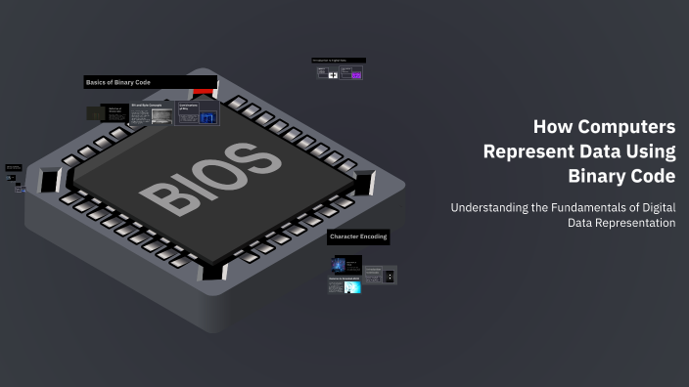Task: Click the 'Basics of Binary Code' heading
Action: point(118,83)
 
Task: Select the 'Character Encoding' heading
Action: point(358,236)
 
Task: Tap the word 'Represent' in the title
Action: point(526,151)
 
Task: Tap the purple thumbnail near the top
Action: point(356,73)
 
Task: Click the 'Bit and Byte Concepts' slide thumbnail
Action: point(152,114)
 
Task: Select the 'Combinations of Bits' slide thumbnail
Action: point(198,113)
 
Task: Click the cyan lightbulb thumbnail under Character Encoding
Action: point(351,285)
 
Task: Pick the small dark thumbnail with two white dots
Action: point(390,277)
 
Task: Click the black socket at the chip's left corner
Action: point(48,181)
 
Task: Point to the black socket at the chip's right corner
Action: point(365,182)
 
